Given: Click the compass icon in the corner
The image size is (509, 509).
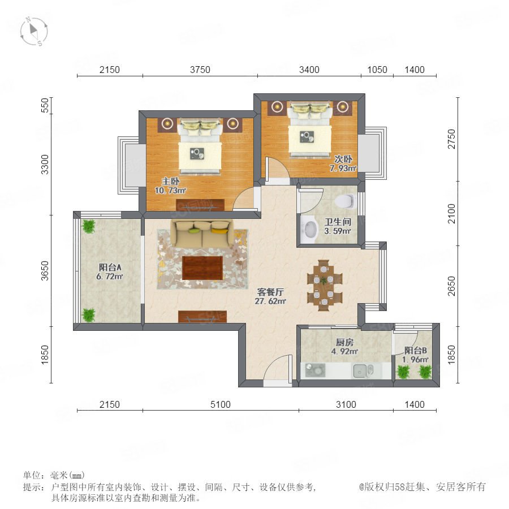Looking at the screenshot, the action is coord(34,32).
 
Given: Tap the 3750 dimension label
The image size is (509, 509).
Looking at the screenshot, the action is coord(200,70).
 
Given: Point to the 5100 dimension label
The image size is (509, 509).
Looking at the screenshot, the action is coord(221,404).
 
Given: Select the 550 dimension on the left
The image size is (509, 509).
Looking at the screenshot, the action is coord(45,105).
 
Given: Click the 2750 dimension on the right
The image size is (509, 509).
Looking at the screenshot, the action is coord(451,139).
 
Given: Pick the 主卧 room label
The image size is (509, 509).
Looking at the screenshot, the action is coord(170,181).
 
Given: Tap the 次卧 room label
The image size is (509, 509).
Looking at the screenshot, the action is coord(343,159).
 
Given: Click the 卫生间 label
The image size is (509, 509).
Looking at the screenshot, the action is coord(338,222).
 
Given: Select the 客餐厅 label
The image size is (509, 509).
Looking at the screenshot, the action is coord(270,292).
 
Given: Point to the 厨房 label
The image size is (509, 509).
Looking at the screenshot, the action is coord(344,342).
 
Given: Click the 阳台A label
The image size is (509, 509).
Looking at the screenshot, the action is coord(110,268).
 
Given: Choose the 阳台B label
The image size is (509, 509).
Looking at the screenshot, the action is coord(416,351).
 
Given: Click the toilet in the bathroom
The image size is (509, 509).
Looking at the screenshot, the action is coord(345,201).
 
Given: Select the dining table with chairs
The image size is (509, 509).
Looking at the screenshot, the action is coord(325,285).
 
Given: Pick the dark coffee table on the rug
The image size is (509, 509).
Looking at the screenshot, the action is coord(202,268).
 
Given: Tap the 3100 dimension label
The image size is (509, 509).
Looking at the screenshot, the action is coord(346,404).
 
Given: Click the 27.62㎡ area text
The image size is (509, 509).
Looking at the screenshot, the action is coord(270,301).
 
